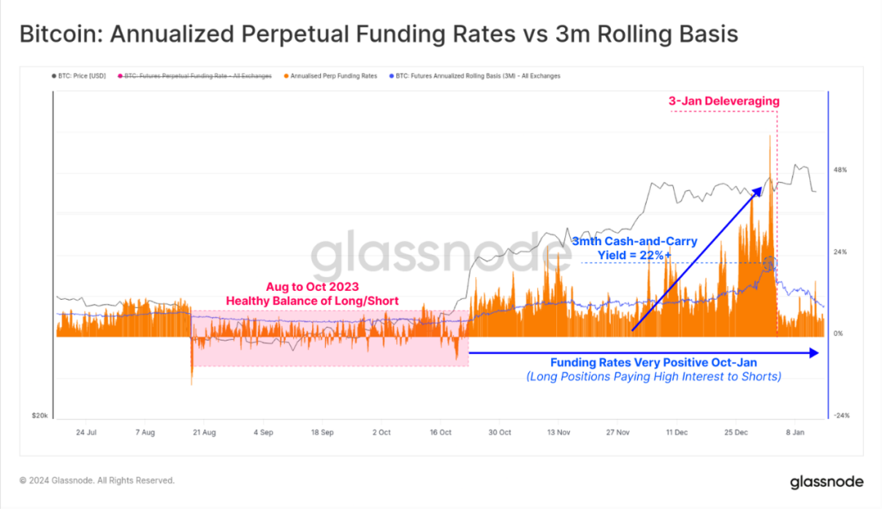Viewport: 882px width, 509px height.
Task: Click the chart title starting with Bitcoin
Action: (378, 33)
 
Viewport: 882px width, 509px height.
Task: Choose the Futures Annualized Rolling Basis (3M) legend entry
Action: (477, 76)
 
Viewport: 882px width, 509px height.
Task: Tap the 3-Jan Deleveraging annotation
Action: (724, 101)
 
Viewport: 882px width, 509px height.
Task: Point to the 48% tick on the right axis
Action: (840, 170)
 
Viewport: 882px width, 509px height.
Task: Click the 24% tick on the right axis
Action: (840, 252)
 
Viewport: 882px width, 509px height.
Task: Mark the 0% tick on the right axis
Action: (838, 333)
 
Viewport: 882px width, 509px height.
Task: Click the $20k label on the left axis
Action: (41, 415)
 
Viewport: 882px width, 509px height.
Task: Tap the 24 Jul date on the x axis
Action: (86, 431)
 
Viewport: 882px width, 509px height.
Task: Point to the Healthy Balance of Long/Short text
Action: (312, 301)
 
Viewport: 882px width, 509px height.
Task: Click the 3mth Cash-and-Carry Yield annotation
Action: (621, 248)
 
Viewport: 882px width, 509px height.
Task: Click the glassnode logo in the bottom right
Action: (826, 482)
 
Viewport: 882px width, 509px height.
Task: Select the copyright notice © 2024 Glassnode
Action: (96, 480)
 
